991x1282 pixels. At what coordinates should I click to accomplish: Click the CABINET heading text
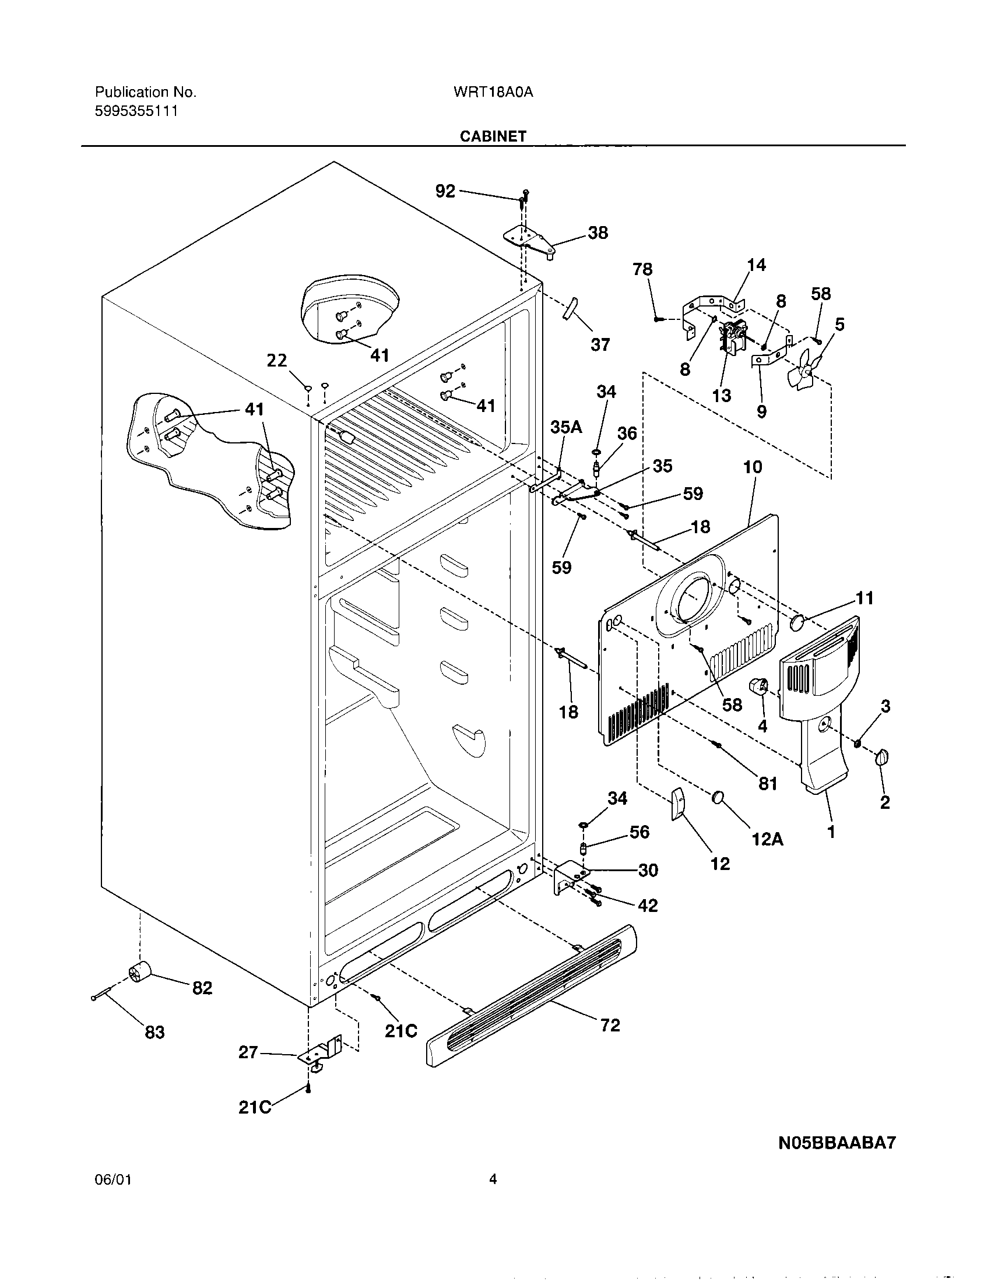(x=493, y=136)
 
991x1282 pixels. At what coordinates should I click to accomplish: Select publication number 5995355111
(x=136, y=111)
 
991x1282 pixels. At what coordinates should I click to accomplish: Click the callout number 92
(x=445, y=191)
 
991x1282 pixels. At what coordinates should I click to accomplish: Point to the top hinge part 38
(x=528, y=241)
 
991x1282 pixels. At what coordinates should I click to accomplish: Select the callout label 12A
(x=767, y=840)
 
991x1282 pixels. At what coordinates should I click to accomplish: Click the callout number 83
(x=154, y=1032)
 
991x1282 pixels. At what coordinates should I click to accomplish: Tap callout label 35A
(x=566, y=427)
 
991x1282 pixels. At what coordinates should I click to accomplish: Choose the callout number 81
(x=767, y=783)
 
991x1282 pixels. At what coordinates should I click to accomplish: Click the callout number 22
(x=277, y=360)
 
